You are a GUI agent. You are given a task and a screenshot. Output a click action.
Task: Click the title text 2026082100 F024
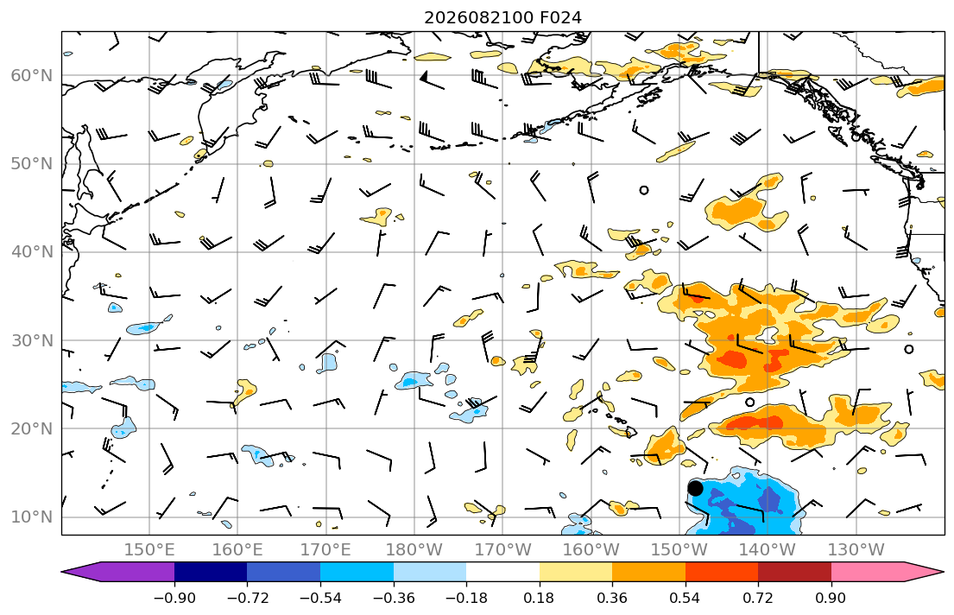(502, 17)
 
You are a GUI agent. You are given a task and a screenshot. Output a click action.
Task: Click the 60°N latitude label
(32, 75)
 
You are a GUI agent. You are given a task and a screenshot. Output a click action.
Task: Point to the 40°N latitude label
(32, 252)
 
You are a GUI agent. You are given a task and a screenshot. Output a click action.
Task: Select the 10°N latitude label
(32, 517)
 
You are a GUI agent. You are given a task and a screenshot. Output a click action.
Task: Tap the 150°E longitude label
(149, 550)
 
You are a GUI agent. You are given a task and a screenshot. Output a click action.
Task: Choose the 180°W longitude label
(414, 550)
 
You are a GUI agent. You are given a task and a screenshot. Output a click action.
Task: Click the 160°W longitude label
(591, 550)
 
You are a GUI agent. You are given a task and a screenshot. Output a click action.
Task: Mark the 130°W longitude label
(856, 550)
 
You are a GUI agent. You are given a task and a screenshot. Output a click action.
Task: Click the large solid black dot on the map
(695, 488)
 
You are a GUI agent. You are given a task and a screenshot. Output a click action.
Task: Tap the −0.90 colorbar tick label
(174, 598)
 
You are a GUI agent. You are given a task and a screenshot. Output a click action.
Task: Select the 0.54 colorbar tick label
(685, 598)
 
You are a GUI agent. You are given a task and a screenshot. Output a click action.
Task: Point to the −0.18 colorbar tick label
(466, 598)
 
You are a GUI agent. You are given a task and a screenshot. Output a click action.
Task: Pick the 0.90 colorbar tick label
(831, 598)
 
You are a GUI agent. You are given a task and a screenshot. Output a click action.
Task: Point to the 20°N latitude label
(32, 428)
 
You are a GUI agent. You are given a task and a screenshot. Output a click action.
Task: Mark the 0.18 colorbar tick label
(539, 598)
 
